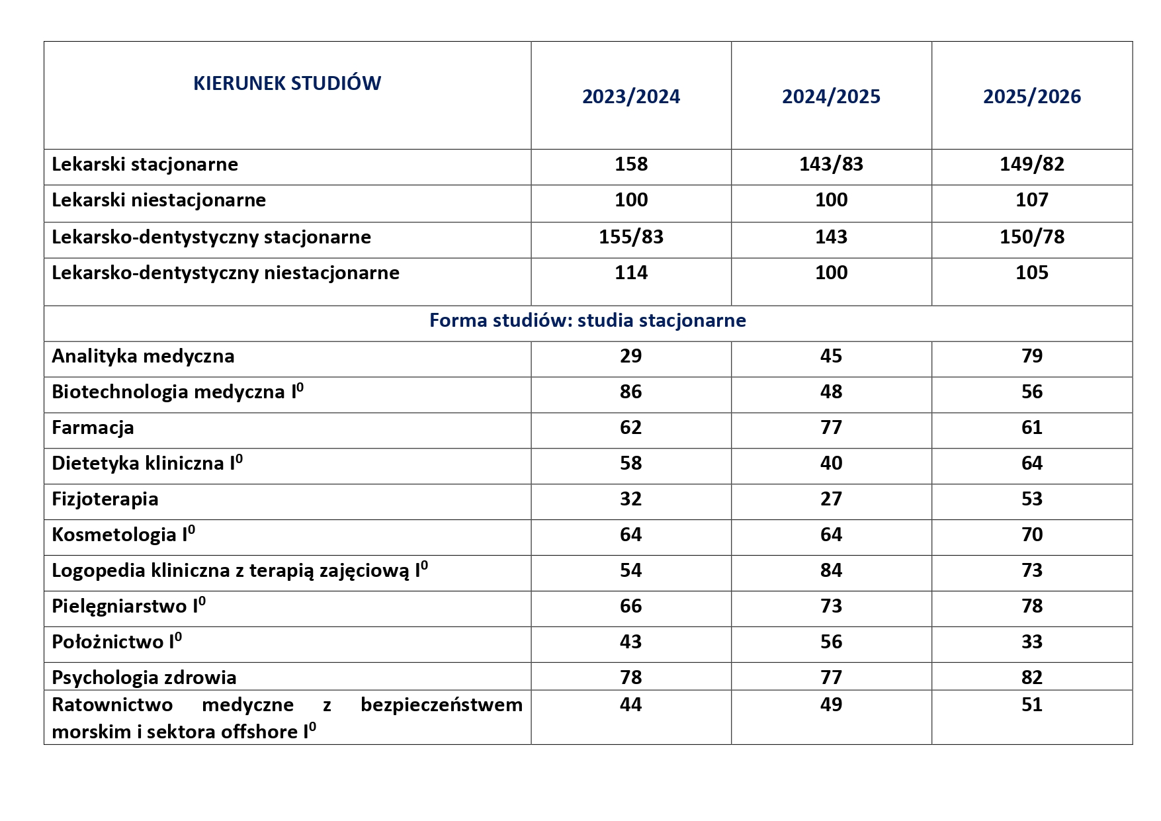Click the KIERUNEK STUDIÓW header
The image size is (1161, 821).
[x=287, y=83]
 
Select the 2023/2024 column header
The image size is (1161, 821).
[x=631, y=97]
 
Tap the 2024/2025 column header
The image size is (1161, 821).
[x=831, y=97]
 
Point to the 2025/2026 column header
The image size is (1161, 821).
[x=1032, y=97]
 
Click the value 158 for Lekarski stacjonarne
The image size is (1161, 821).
[x=631, y=164]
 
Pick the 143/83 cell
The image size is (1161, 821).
[x=831, y=164]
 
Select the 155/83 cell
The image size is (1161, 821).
[x=631, y=237]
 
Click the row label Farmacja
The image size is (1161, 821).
[x=93, y=427]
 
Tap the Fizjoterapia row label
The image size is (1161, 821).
[x=105, y=499]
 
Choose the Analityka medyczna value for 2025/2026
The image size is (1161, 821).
[x=1032, y=356]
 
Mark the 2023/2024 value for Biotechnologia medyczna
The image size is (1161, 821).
[x=631, y=392]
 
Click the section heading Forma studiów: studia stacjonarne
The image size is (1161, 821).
[x=587, y=320]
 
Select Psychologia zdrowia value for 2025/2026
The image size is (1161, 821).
[x=1032, y=677]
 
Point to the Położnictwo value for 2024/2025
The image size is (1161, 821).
[x=831, y=642]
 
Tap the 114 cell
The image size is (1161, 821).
[x=631, y=273]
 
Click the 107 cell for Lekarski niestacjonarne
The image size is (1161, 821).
[x=1032, y=200]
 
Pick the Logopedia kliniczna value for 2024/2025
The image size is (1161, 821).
[x=831, y=570]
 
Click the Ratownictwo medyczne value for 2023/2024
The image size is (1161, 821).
[x=631, y=705]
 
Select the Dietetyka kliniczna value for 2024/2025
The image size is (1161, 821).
[x=831, y=463]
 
